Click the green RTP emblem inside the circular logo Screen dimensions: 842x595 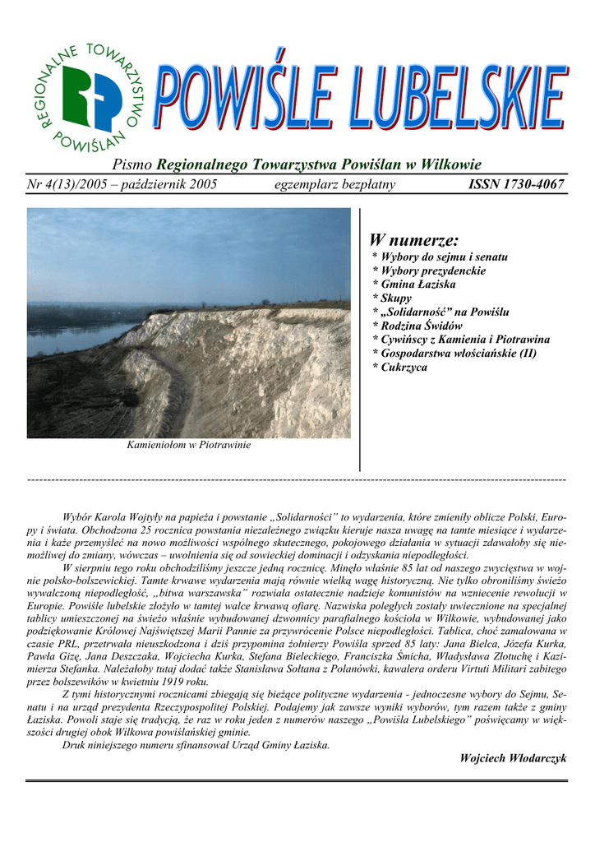[x=90, y=97]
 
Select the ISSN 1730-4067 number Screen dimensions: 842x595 [x=516, y=185]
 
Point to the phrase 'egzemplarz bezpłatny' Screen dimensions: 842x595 [x=334, y=185]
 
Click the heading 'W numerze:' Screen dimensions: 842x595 [x=413, y=240]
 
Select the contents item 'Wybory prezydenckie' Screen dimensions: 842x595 [x=433, y=271]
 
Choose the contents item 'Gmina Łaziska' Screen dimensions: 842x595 [x=420, y=285]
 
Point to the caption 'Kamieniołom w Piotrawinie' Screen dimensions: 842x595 [x=189, y=445]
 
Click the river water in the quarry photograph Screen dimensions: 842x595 [x=66, y=338]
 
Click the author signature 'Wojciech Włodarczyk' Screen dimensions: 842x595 [x=513, y=757]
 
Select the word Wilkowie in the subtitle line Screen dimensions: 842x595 [x=449, y=164]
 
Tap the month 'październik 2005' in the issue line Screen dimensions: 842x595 [x=169, y=185]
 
